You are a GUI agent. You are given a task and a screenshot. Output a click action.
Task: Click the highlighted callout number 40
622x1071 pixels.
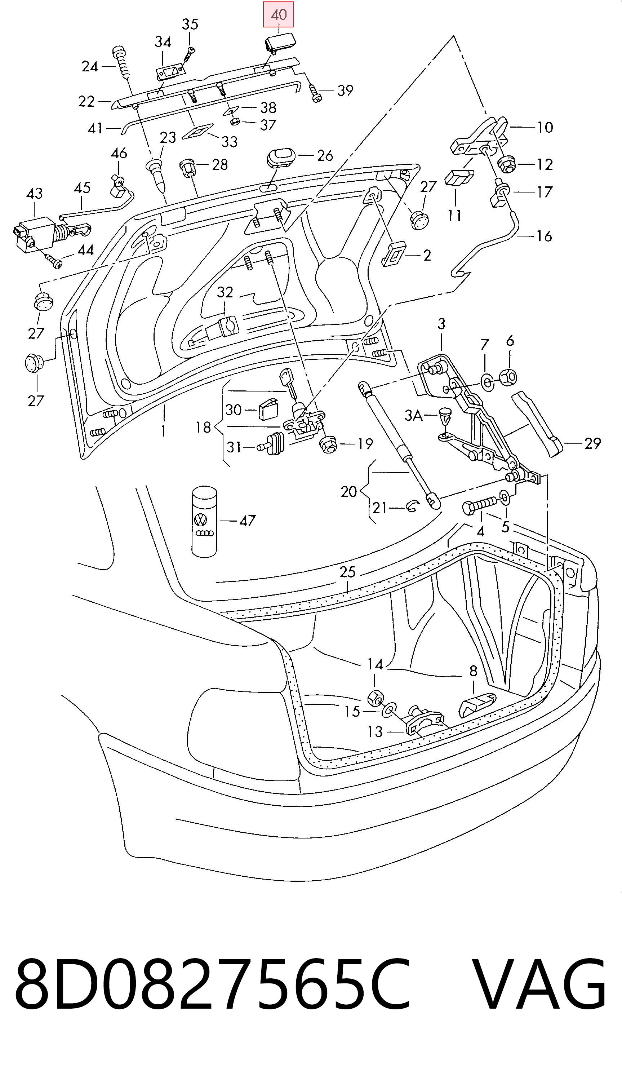pos(278,14)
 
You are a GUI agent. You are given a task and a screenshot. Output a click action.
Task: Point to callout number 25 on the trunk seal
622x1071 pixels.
pos(347,572)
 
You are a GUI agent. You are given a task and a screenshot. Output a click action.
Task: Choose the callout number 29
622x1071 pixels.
pos(593,444)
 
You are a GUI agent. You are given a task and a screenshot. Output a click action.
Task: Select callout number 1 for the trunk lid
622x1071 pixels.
pos(164,431)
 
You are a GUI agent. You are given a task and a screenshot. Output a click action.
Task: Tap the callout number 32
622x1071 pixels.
pos(225,292)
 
